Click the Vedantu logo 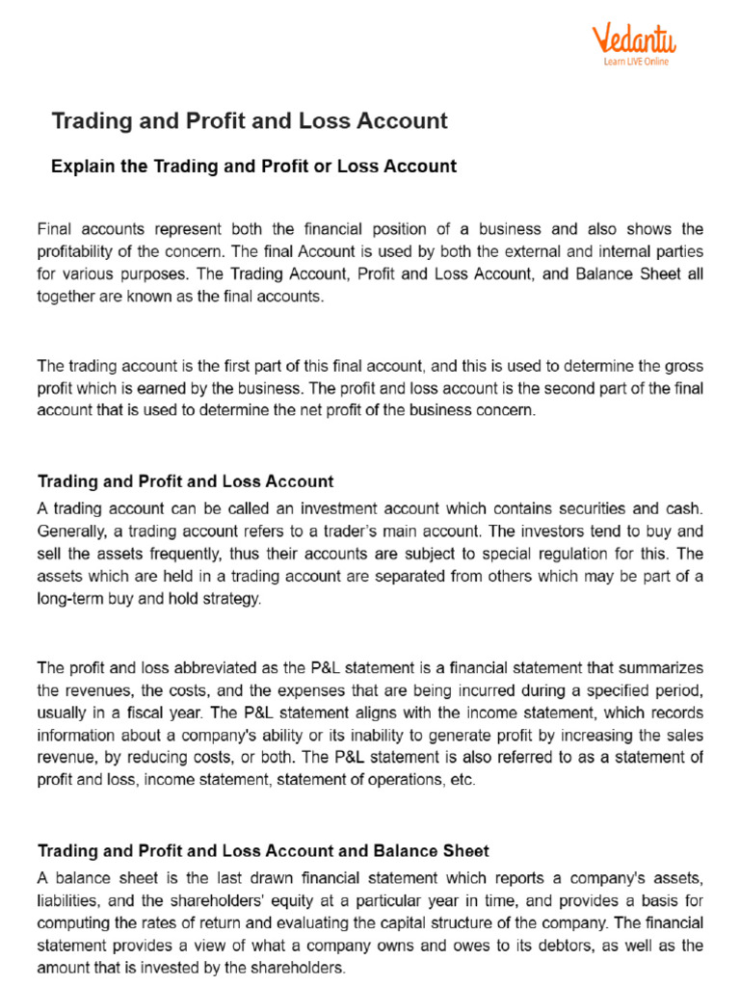click(633, 39)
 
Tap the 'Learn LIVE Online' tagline click(635, 62)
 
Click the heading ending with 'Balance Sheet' click(263, 851)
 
